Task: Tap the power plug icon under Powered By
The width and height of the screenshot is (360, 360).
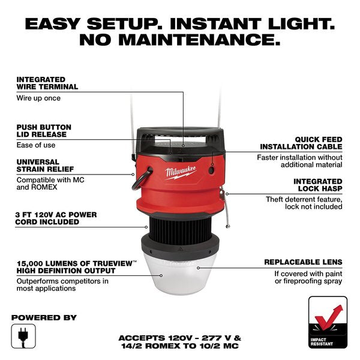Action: click(20, 334)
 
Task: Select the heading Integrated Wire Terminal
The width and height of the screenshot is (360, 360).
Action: click(47, 83)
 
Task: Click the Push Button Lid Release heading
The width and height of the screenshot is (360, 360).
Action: click(44, 131)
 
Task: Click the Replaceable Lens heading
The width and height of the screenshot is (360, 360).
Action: click(304, 262)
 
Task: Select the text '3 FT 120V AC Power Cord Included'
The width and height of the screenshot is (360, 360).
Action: click(56, 218)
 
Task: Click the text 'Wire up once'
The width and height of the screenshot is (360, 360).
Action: click(38, 97)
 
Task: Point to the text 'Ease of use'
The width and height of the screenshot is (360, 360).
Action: click(35, 145)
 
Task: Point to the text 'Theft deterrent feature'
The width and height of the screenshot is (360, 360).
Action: click(304, 199)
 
